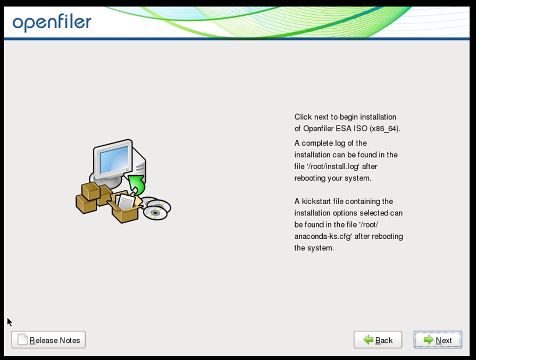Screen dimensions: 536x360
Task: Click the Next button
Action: (438, 340)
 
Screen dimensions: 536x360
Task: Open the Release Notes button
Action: (48, 340)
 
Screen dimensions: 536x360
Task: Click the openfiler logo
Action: (52, 22)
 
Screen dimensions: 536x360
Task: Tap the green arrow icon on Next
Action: (429, 340)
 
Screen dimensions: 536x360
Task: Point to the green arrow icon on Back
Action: (368, 340)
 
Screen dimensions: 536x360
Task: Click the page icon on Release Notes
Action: (22, 339)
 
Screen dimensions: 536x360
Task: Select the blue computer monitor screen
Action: (114, 160)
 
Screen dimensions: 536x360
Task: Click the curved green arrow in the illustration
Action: (137, 185)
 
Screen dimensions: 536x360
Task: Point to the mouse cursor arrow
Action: (10, 322)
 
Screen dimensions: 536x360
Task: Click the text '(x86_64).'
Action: (385, 129)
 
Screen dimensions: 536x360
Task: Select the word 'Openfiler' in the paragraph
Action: (318, 129)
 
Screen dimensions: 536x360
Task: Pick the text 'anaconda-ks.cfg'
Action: (323, 237)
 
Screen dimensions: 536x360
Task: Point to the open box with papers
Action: (125, 207)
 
